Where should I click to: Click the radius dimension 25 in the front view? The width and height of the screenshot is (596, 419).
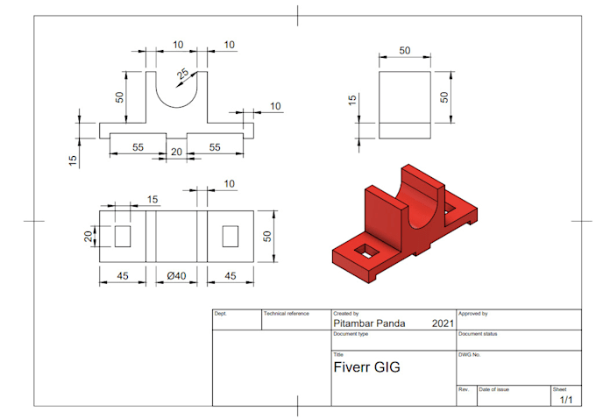(183, 75)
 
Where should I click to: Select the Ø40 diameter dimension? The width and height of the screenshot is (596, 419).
(177, 276)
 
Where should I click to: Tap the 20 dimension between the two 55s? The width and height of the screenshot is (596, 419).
(176, 152)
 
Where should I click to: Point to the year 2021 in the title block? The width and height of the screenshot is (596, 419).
(443, 323)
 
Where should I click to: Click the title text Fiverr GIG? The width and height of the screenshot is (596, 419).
(367, 367)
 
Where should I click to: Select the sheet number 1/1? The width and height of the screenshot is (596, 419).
(566, 400)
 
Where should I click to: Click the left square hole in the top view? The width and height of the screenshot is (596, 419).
(122, 235)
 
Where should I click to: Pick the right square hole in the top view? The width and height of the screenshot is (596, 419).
(231, 235)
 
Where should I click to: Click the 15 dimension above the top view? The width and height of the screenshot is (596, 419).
(153, 200)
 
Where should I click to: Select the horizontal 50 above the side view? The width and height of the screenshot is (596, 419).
(405, 51)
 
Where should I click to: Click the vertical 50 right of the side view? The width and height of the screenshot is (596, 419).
(444, 96)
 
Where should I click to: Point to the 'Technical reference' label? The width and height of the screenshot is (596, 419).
(287, 313)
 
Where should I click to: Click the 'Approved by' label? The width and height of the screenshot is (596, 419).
(473, 313)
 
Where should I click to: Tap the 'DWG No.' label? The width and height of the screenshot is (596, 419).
(471, 354)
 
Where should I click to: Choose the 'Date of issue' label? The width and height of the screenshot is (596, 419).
(494, 388)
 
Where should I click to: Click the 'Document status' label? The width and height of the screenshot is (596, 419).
(479, 334)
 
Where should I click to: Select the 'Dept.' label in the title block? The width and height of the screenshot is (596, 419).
(221, 313)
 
